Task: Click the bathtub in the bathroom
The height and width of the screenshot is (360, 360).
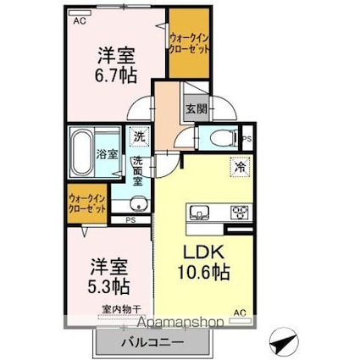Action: [x=80, y=152]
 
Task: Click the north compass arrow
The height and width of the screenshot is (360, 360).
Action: [x=283, y=343]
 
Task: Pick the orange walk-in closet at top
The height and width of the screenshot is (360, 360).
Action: [x=190, y=44]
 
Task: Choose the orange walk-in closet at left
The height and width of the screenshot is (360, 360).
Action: [x=87, y=203]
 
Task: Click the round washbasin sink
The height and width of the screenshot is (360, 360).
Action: [x=139, y=202]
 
